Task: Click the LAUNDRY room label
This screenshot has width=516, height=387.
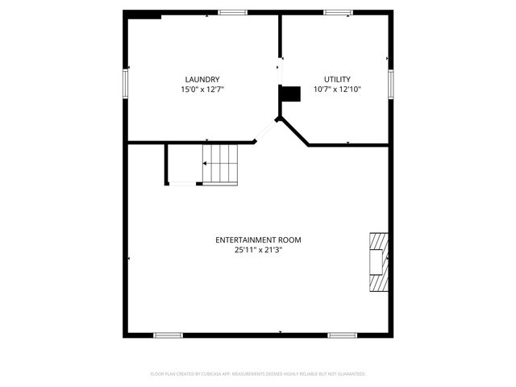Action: pos(202,79)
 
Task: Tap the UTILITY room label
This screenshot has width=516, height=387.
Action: pos(337,79)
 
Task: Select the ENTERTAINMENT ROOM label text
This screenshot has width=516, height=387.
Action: pos(258,240)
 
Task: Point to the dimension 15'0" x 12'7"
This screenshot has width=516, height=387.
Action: pos(202,89)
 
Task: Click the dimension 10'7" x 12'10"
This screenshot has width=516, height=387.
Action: pos(337,89)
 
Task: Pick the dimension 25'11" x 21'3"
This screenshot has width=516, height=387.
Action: pos(258,251)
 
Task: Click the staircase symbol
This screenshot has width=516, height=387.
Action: pos(220,164)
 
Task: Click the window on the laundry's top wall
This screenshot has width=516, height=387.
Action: pos(233,12)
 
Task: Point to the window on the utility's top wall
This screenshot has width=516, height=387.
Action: pos(338,12)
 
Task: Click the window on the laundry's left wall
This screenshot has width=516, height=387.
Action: pos(125,81)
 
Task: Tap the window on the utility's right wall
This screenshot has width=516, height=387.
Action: pos(390,82)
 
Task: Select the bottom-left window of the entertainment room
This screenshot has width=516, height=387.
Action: pos(169,335)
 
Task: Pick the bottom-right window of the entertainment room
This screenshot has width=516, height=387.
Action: pos(342,335)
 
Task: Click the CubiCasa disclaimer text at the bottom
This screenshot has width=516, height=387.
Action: pos(258,373)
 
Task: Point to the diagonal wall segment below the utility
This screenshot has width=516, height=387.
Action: pos(294,132)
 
